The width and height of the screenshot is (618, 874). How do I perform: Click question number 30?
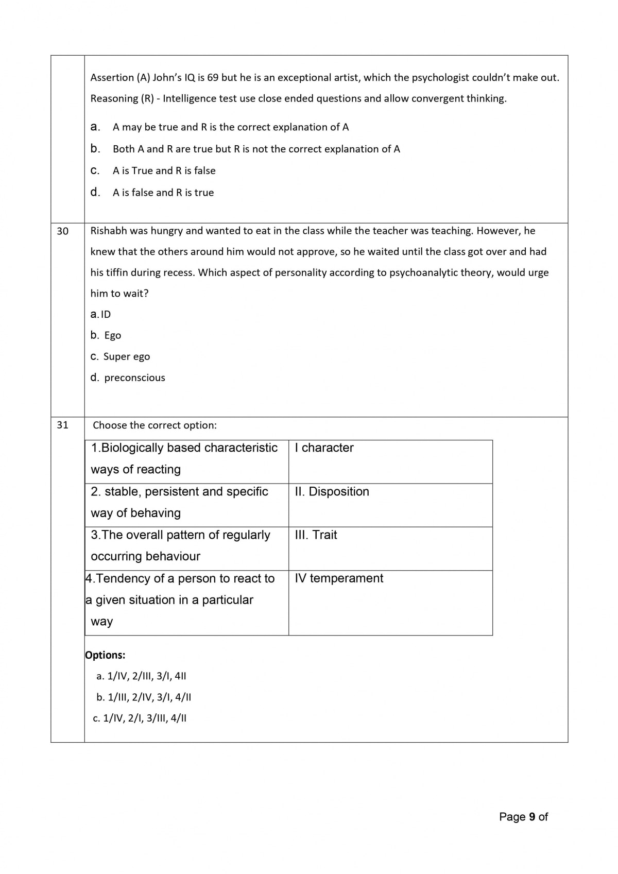[x=62, y=231]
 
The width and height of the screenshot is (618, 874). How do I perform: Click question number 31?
[x=62, y=425]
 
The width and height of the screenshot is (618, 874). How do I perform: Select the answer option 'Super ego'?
[x=126, y=356]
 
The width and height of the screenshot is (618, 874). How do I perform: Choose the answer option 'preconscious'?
[x=134, y=378]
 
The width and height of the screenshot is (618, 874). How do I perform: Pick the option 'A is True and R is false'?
[x=164, y=170]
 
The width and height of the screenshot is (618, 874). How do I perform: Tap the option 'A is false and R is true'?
[x=163, y=193]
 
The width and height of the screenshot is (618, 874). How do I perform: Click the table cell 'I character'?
[x=324, y=448]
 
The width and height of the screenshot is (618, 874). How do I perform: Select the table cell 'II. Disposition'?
[x=332, y=491]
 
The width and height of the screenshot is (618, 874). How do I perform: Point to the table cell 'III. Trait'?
[x=316, y=535]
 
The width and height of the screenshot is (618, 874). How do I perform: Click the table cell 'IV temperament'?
[x=339, y=578]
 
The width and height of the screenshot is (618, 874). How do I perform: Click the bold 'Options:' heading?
[x=106, y=655]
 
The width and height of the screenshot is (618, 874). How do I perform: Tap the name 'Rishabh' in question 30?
[x=109, y=231]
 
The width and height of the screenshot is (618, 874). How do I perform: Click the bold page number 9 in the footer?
[x=532, y=817]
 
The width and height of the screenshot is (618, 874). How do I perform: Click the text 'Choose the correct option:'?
[x=154, y=425]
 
